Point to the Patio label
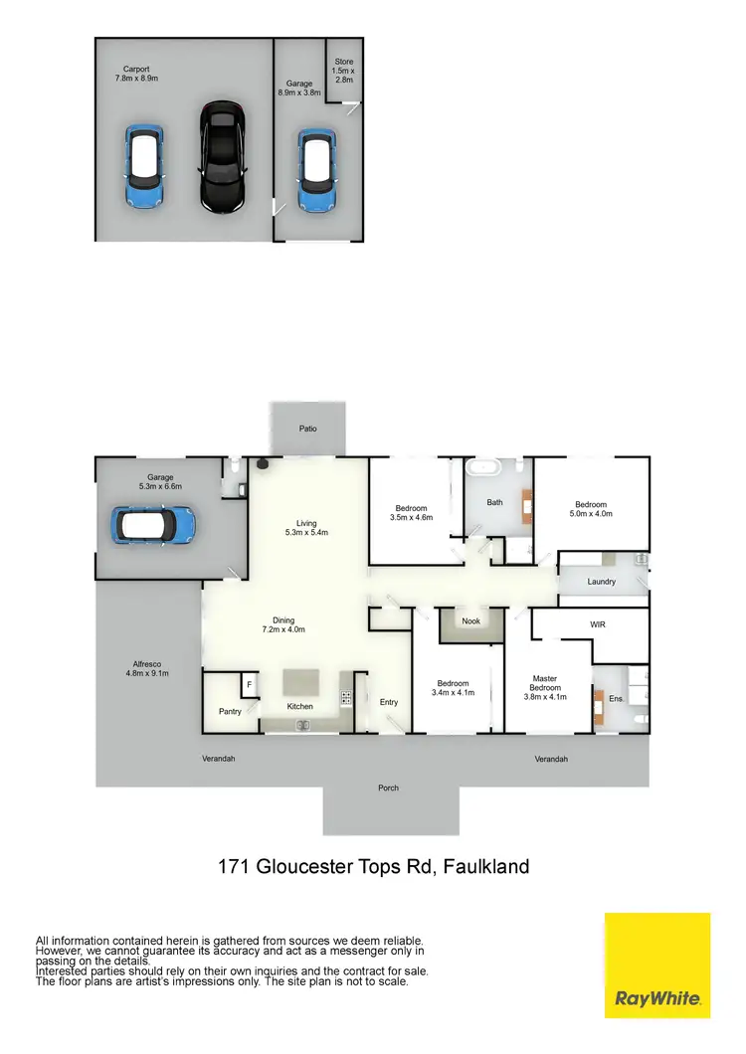[308, 429]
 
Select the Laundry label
[602, 582]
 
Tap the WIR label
[598, 624]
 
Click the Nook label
[471, 620]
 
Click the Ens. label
[616, 699]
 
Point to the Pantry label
[230, 711]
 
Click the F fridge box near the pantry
[250, 686]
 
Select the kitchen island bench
[300, 683]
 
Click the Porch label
[388, 789]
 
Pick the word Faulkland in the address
[485, 867]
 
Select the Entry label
[389, 702]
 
